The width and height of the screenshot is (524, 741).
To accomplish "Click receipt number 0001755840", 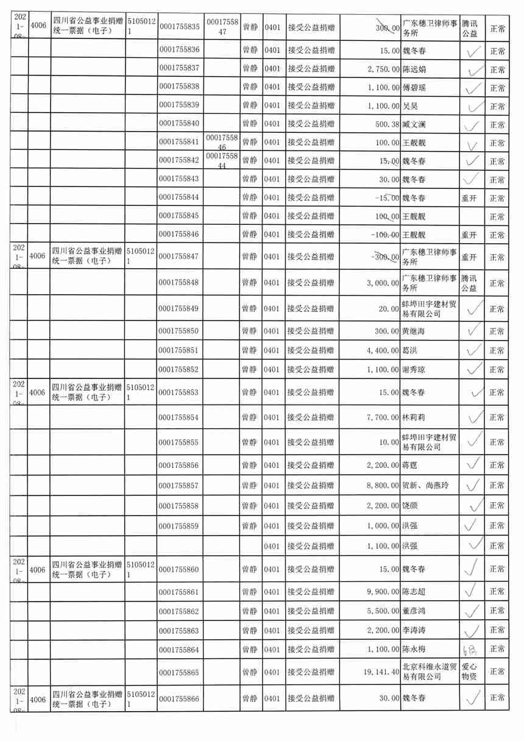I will point(179,124).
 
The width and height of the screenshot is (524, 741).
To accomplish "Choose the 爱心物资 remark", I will point(470,672).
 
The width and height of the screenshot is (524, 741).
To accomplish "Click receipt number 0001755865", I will point(179,672).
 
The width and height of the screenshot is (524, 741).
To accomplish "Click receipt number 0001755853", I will point(179,392).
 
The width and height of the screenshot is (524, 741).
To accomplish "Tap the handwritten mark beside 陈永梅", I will point(469,649).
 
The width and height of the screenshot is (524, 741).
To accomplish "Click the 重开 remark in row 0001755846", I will point(469,235).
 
